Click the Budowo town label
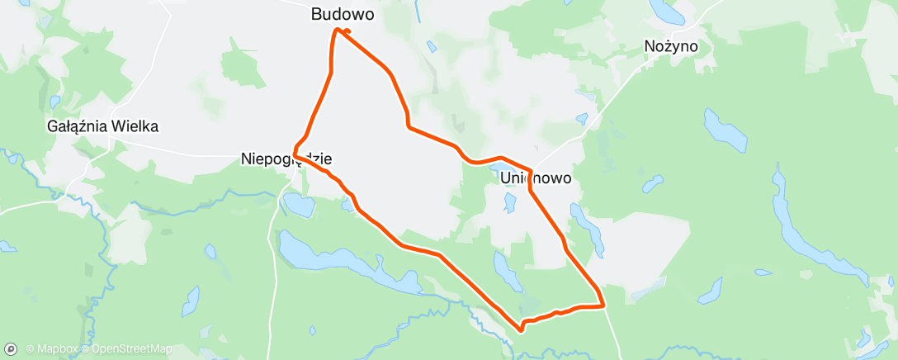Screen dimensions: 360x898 click(x=342, y=14)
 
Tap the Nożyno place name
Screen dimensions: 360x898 click(x=670, y=47)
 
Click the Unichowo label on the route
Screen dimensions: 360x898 click(x=535, y=177)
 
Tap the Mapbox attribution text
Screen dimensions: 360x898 click(x=51, y=348)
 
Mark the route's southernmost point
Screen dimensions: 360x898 click(x=522, y=330)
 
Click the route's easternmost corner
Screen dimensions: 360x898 click(x=605, y=306)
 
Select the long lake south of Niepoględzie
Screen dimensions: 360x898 click(x=330, y=258)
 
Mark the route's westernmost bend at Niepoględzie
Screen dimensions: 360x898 click(x=294, y=154)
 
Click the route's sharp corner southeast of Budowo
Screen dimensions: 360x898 click(x=408, y=126)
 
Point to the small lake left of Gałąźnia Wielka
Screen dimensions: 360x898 click(x=54, y=102)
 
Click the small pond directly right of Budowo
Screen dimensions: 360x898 click(x=429, y=45)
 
